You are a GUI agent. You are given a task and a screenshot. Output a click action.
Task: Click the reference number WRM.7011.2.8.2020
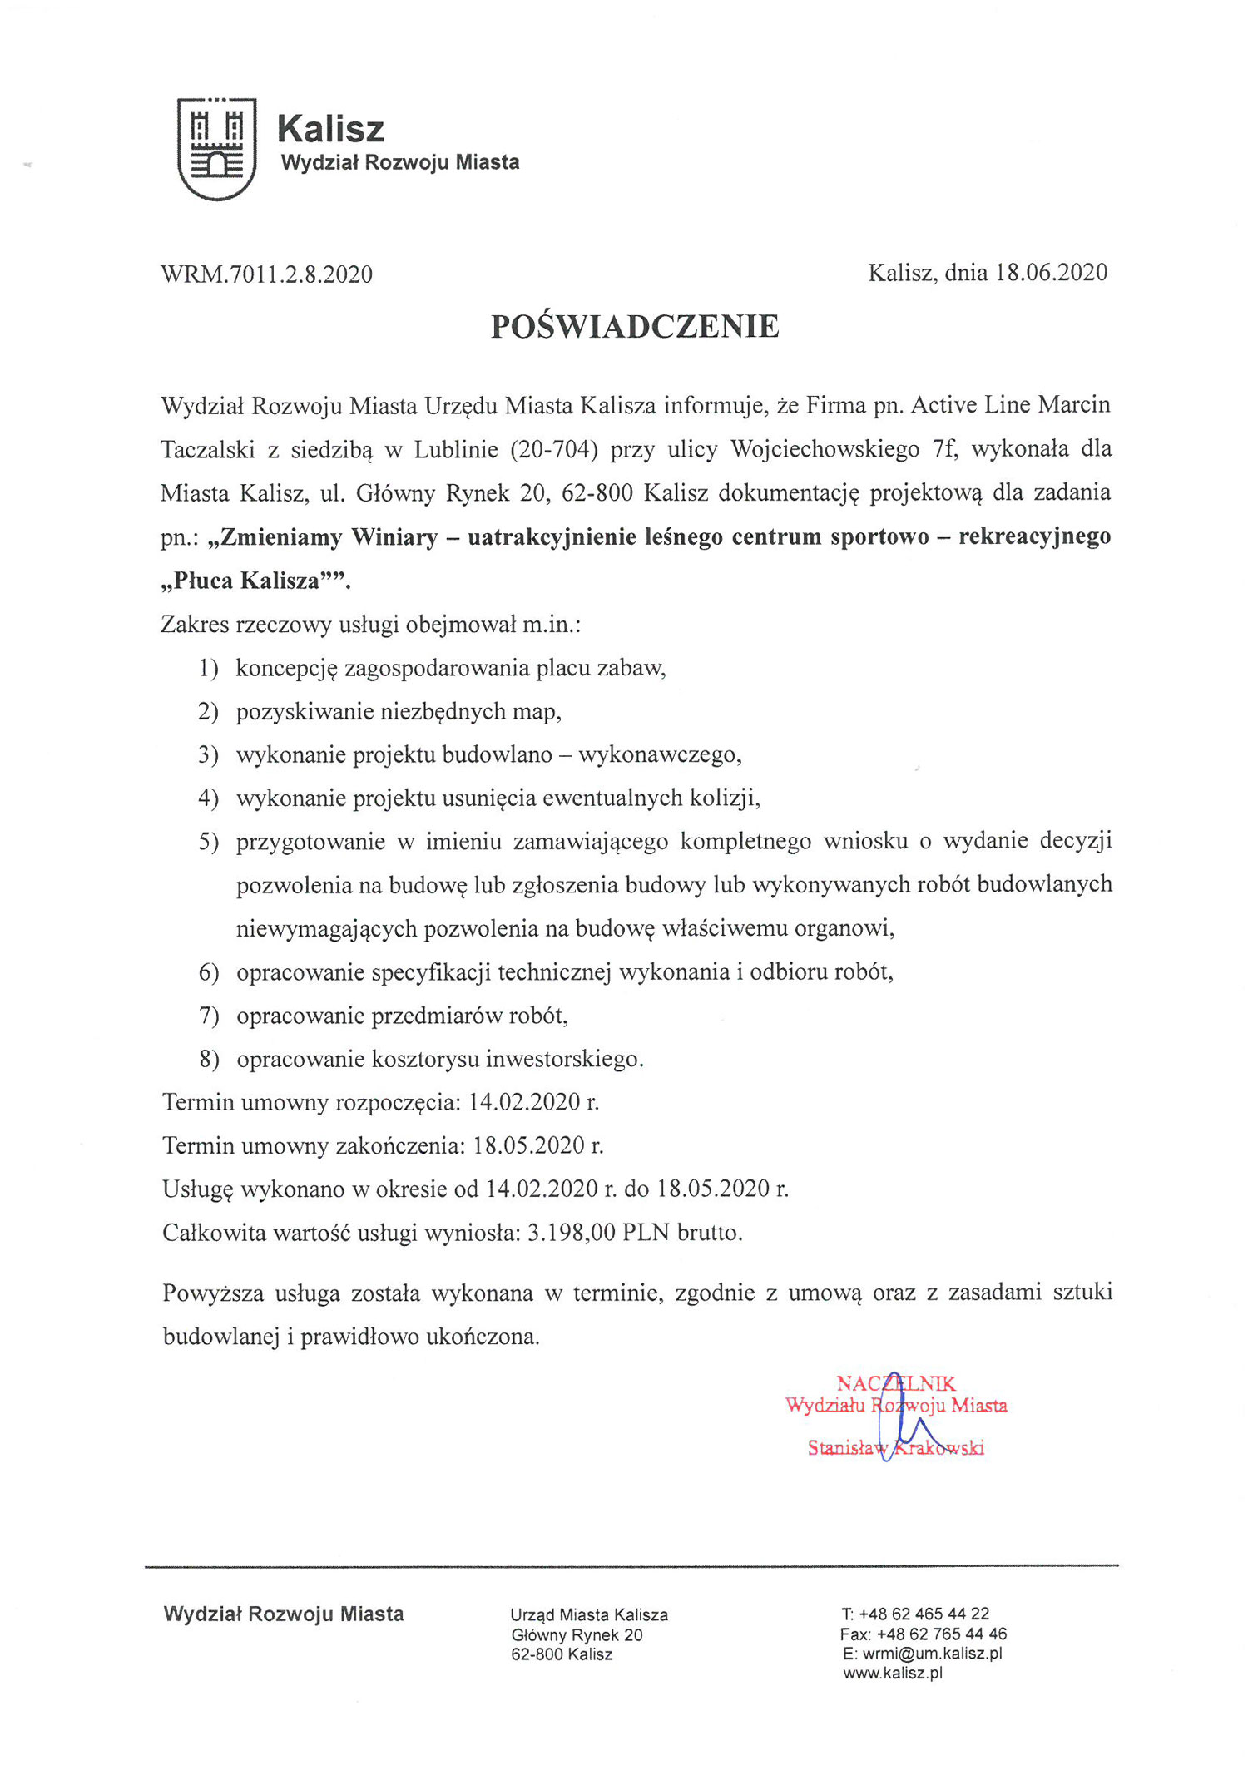click(266, 274)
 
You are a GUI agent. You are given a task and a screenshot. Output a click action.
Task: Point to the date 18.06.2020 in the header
click(1051, 273)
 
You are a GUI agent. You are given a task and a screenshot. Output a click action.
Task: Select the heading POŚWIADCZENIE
click(635, 327)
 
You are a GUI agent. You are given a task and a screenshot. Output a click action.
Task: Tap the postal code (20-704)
click(554, 449)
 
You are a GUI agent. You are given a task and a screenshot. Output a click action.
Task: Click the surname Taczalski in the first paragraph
click(207, 450)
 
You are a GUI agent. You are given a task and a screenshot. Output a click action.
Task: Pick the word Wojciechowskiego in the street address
click(825, 449)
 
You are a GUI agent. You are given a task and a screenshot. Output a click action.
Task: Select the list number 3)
click(208, 755)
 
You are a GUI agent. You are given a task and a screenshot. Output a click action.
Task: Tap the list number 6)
click(208, 972)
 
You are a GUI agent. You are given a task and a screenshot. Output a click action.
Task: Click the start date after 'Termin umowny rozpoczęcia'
click(533, 1103)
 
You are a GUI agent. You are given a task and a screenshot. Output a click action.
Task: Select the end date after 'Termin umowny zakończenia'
click(537, 1146)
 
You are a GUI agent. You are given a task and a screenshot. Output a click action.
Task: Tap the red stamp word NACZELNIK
click(895, 1384)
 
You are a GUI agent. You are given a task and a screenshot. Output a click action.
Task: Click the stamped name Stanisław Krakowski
click(895, 1448)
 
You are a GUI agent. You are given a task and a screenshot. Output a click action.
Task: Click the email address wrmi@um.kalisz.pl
click(932, 1654)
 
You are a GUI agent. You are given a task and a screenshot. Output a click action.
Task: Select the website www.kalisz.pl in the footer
click(893, 1674)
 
